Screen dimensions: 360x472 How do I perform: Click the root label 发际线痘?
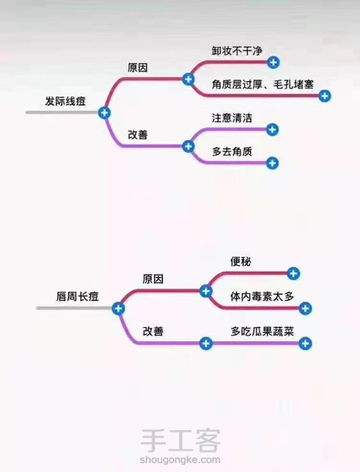point(66,101)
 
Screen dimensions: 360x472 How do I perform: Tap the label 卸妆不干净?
point(237,51)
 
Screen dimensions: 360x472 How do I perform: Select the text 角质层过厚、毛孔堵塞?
point(262,84)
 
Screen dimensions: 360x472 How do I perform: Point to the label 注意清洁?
point(232,118)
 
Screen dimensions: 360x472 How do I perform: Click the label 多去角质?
point(232,152)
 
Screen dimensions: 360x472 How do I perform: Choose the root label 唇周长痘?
point(78,297)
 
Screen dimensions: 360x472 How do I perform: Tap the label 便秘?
point(240,261)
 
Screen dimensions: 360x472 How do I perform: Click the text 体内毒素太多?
point(262,297)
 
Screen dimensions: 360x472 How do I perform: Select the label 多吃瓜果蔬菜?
point(262,331)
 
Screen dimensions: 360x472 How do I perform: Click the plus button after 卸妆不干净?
point(273,62)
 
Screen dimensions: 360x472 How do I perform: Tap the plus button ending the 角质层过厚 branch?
point(324,96)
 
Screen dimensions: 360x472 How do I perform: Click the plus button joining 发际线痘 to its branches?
point(104,113)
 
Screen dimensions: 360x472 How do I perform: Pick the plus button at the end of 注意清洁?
point(273,130)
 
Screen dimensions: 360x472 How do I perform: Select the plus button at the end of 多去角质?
point(272,163)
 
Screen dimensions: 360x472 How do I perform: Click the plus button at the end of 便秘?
point(293,274)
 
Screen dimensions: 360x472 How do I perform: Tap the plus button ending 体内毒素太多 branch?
point(305,309)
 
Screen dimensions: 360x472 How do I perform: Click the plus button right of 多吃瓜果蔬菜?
point(305,343)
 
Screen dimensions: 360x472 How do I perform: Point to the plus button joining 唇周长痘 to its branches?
point(118,309)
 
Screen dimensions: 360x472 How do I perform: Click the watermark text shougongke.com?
point(180,460)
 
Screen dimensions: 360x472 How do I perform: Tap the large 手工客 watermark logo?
point(180,440)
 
